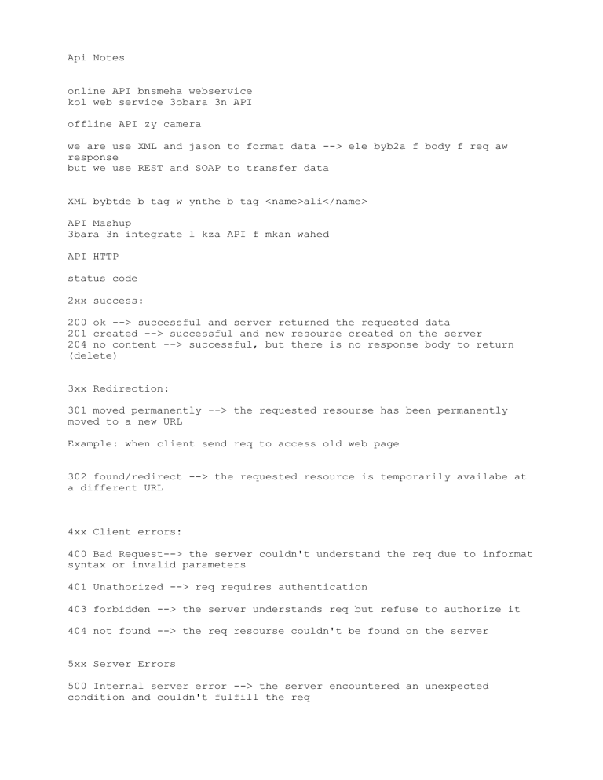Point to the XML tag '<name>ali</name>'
[316, 202]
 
